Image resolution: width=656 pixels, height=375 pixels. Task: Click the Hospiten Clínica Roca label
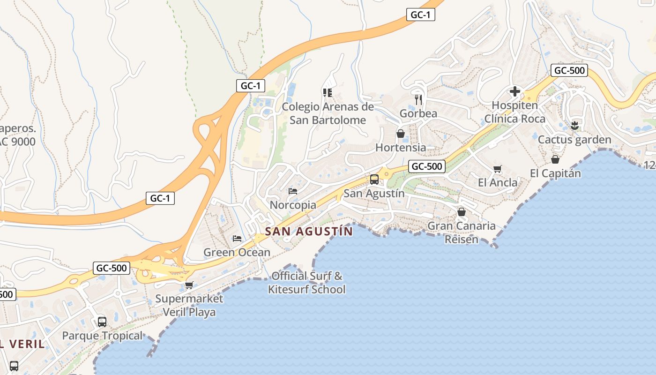(514, 112)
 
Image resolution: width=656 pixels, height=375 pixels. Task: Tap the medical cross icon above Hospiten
(515, 91)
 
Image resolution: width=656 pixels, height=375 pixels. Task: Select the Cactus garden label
(574, 140)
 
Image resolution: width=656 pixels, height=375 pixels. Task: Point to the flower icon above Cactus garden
(574, 125)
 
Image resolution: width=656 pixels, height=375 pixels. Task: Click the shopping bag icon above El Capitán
(555, 159)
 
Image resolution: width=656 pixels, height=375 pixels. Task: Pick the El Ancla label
(498, 182)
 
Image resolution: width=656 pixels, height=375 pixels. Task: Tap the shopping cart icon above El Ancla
(498, 169)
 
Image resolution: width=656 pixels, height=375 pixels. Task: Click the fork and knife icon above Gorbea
(418, 99)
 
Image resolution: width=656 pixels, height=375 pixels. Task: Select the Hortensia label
(401, 148)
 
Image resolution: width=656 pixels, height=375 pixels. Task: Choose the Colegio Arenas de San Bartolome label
(328, 113)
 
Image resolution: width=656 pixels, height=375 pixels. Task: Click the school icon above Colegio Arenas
(327, 92)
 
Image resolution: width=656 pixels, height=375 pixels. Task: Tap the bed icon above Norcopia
(293, 191)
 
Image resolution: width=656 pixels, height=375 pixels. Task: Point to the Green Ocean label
(237, 252)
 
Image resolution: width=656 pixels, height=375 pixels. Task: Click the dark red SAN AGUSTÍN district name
(309, 231)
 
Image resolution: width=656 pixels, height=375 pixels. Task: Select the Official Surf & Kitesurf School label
(306, 283)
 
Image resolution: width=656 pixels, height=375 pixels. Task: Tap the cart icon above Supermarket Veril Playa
(189, 285)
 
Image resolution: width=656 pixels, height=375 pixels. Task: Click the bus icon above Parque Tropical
(102, 322)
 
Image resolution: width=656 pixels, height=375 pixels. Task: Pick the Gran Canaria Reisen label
(462, 232)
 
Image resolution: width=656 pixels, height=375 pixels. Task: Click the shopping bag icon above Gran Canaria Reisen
(462, 212)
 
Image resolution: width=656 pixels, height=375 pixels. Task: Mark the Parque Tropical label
(102, 336)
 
